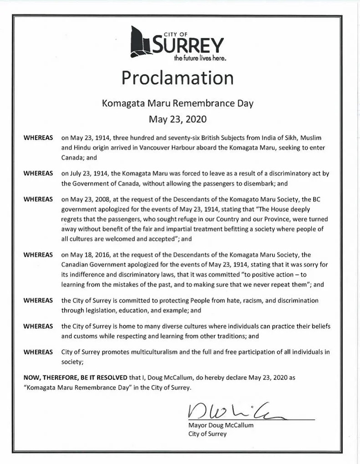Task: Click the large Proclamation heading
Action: click(177, 78)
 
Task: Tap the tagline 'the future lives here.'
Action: click(200, 59)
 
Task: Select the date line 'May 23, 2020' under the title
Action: click(177, 120)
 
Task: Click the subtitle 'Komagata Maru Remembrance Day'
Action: click(177, 103)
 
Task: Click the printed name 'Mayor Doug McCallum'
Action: click(220, 425)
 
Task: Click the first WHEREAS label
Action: click(38, 137)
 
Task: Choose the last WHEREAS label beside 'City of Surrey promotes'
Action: click(38, 352)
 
